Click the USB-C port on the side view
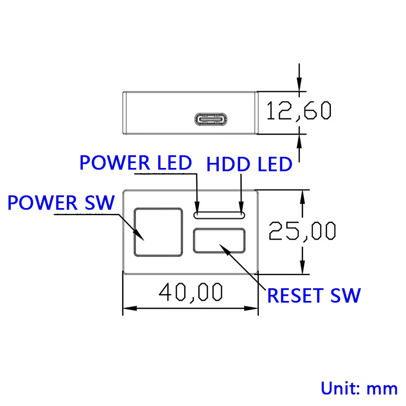[x=210, y=120]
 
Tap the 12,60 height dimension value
[x=298, y=111]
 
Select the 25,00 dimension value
[x=302, y=231]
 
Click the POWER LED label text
[x=136, y=162]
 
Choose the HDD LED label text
[x=249, y=164]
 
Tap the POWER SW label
[x=61, y=203]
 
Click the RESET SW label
[x=314, y=295]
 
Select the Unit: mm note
[x=359, y=388]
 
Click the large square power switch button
[x=158, y=231]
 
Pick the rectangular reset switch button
[x=219, y=241]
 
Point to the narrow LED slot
[x=219, y=215]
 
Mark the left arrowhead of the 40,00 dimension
[x=126, y=308]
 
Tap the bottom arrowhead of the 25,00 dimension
[x=303, y=269]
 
